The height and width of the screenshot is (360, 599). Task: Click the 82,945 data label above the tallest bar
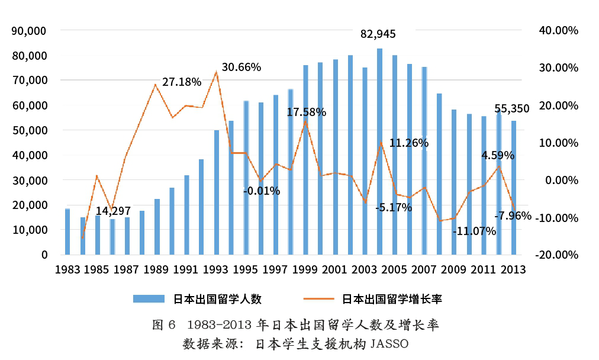378,34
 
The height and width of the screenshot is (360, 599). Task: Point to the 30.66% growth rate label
241,67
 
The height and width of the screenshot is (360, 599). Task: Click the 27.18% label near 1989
182,82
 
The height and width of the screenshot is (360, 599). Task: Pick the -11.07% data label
474,232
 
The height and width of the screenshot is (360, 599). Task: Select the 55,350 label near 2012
511,108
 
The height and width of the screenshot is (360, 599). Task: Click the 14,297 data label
114,210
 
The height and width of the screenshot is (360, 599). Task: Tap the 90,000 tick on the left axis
30,31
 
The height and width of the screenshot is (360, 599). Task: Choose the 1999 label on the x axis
305,270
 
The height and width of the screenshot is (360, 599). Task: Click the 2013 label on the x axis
514,270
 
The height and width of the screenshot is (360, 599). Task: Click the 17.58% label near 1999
306,112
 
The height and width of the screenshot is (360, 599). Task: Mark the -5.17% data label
394,208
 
